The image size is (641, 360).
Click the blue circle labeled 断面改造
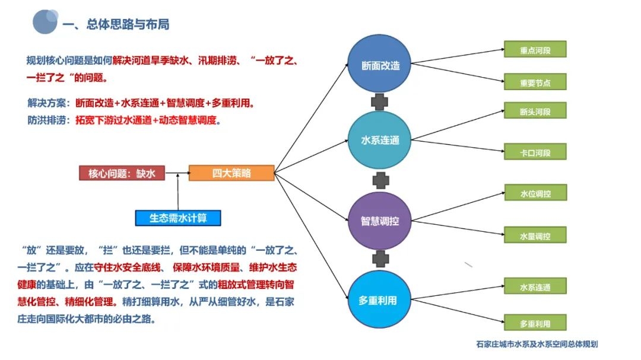(x=380, y=65)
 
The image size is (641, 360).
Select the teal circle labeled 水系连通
(x=380, y=140)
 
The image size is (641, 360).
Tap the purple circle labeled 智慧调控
(x=380, y=221)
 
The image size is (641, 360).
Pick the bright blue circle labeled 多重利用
(x=380, y=300)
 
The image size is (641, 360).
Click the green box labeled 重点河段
(x=535, y=50)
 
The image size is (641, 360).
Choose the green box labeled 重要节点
(x=535, y=82)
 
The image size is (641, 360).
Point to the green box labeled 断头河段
(x=535, y=111)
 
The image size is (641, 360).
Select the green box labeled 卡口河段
(x=535, y=152)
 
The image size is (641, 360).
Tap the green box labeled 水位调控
(x=535, y=193)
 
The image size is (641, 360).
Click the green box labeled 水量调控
(x=535, y=235)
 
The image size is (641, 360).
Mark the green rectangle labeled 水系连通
(x=535, y=287)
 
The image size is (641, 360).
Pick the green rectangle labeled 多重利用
(x=535, y=323)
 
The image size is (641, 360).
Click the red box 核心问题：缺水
(x=122, y=173)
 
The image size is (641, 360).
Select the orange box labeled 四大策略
(x=231, y=173)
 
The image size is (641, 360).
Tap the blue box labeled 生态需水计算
(x=178, y=218)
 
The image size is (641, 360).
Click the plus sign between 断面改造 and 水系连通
(x=380, y=102)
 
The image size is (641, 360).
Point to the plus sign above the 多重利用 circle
(x=380, y=259)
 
